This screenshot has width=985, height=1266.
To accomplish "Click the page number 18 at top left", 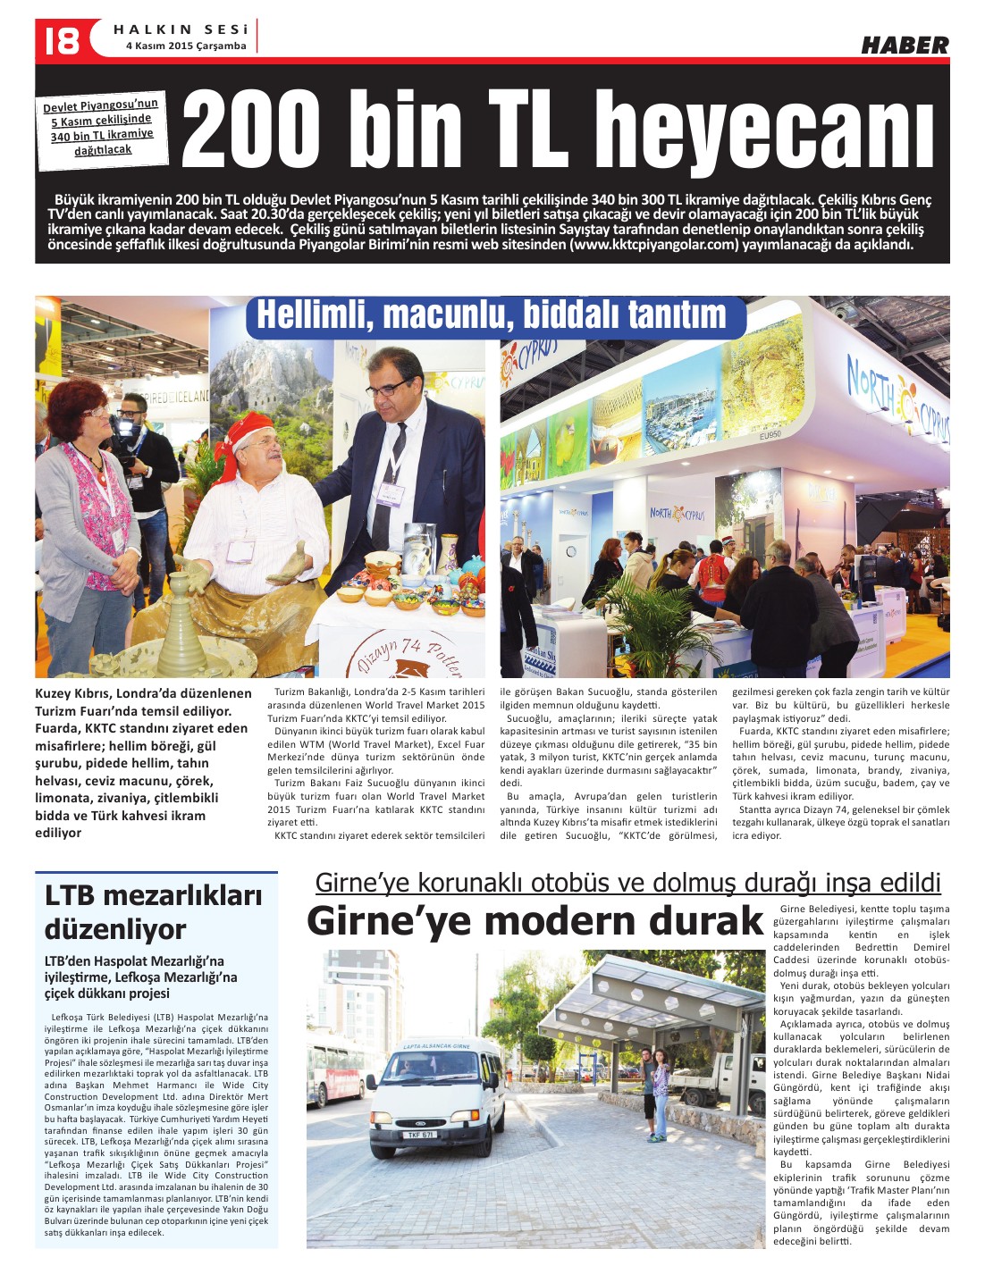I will coord(61,40).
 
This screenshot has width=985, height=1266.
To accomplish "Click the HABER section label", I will coord(904,46).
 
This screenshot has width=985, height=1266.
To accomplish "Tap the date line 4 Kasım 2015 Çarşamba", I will coord(185,46).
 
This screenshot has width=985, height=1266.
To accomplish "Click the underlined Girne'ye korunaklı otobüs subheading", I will coord(627,883).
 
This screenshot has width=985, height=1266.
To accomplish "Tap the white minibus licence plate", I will coord(421,1135).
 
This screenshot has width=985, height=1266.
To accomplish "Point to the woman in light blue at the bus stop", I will coord(661,1093).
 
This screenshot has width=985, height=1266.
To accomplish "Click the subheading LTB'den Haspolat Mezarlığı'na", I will coord(141,977).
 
